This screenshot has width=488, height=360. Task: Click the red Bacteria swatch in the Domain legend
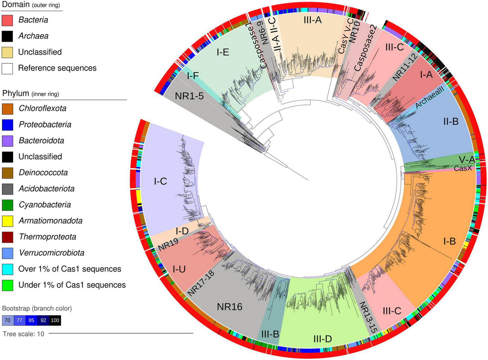7,20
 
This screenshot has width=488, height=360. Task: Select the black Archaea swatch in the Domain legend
7,36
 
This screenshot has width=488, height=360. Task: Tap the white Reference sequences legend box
7,68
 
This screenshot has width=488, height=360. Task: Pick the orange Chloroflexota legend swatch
7,109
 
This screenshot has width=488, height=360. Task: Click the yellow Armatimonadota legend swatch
7,221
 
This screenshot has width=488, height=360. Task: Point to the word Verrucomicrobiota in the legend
51,253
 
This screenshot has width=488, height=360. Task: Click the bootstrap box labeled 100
55,320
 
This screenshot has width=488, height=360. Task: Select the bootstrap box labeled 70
8,320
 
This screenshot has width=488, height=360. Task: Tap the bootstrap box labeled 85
31,320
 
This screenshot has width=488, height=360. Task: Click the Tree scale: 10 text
23,334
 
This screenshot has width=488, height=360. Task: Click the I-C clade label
160,181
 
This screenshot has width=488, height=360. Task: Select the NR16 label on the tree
229,307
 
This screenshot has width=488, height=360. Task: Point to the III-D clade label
322,339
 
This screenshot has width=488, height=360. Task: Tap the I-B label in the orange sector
449,241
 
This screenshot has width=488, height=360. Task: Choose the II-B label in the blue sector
451,121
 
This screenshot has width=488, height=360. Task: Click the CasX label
463,168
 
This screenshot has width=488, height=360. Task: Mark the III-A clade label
313,20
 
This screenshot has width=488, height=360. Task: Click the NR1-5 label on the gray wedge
189,96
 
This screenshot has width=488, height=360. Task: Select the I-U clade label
179,269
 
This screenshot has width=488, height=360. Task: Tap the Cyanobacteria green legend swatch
7,205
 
